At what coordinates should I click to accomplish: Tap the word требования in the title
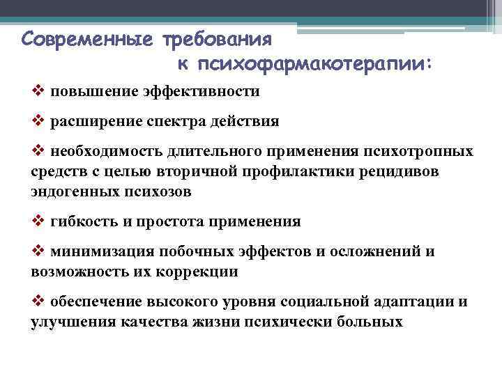217,37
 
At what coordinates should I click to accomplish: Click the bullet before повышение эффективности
38,91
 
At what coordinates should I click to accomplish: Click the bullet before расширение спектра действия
38,121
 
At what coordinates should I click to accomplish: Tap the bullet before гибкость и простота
38,221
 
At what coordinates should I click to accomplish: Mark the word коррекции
197,272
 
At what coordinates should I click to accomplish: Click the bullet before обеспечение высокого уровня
38,301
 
